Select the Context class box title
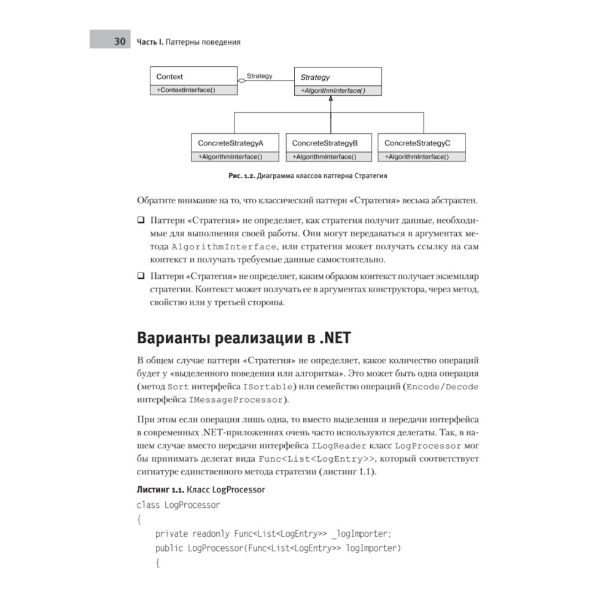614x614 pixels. pos(169,77)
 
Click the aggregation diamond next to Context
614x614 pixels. pos(241,80)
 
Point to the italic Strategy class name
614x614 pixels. pos(315,77)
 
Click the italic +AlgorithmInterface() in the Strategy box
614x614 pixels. pos(332,90)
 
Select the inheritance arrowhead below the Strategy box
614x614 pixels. pos(331,99)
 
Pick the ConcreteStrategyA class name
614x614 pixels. pos(230,143)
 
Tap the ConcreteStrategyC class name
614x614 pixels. pos(418,143)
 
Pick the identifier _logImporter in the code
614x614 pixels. pos(365,533)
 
